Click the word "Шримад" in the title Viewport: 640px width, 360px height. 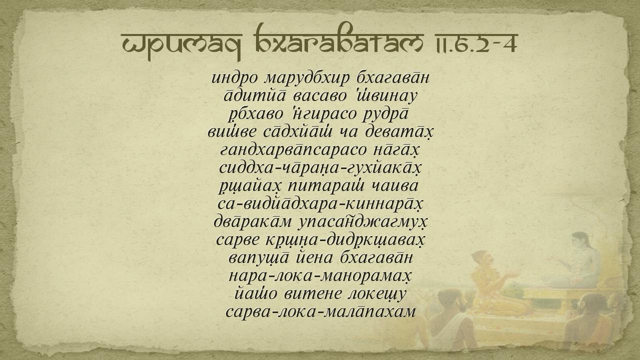pyautogui.click(x=181, y=45)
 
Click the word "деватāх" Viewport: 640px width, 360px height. pyautogui.click(x=399, y=132)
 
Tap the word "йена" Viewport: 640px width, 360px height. pyautogui.click(x=314, y=258)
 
